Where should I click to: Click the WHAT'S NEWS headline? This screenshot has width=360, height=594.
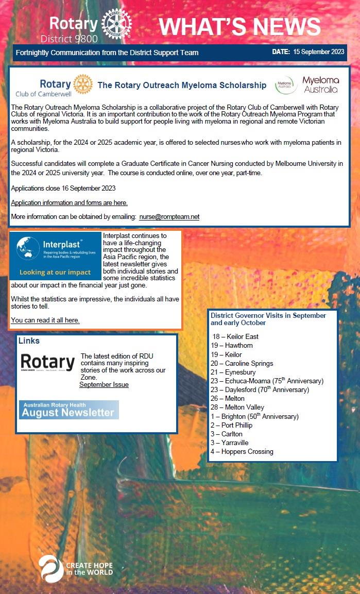[x=239, y=27]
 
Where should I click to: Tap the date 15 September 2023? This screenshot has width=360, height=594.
[x=318, y=53]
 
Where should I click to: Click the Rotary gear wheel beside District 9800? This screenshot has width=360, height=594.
[x=116, y=24]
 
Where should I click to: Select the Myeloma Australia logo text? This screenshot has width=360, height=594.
[x=320, y=85]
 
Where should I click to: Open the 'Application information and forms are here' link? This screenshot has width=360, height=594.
[x=69, y=202]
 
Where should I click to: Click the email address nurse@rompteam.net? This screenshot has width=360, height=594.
[x=169, y=217]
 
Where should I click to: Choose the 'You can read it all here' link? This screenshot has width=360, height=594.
[x=45, y=320]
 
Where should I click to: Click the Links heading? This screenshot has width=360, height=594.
[x=29, y=341]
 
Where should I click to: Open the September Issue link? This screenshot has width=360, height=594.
[x=104, y=385]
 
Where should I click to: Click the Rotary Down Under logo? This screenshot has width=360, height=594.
[x=47, y=363]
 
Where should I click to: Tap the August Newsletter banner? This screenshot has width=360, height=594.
[x=69, y=410]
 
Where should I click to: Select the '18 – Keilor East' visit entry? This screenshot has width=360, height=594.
[x=235, y=337]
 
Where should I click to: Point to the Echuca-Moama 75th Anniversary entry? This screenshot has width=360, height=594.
[x=267, y=381]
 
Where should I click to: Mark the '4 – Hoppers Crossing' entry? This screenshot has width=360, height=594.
[x=242, y=452]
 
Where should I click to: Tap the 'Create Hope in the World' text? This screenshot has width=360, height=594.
[x=89, y=569]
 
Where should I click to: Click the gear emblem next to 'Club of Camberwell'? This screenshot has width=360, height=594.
[x=83, y=84]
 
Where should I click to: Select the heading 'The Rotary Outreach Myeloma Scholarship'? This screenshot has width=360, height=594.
[x=182, y=86]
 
